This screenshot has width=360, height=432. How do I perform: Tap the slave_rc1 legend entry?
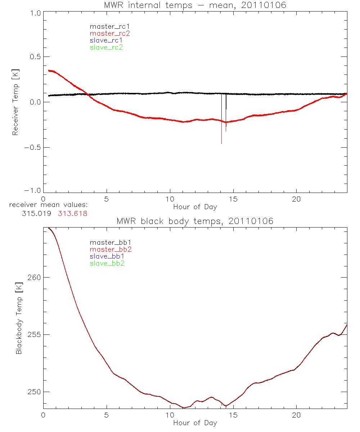(106, 40)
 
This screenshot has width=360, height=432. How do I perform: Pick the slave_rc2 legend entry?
(106, 47)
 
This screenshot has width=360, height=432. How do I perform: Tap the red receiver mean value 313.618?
(73, 213)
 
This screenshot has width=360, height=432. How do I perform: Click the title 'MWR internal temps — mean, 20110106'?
(195, 5)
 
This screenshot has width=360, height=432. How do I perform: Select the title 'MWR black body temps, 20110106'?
(195, 221)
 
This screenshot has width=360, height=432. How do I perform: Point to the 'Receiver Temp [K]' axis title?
(15, 102)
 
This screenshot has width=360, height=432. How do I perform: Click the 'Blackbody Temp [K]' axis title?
(19, 319)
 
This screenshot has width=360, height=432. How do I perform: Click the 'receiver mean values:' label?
(49, 206)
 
